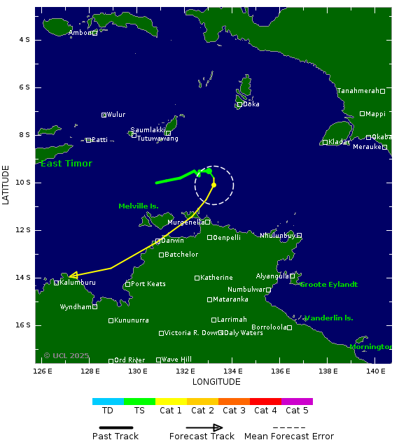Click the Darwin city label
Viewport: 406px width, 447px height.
pyautogui.click(x=173, y=241)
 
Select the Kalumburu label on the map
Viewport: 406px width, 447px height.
pyautogui.click(x=77, y=283)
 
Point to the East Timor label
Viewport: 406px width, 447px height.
pyautogui.click(x=66, y=164)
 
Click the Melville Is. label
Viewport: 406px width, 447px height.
pyautogui.click(x=139, y=206)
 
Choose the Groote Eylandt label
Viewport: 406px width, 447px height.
pyautogui.click(x=329, y=285)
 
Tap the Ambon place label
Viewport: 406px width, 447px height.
pyautogui.click(x=80, y=33)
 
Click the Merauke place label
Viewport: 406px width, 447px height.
pyautogui.click(x=367, y=147)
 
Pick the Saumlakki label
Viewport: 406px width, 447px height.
pyautogui.click(x=148, y=130)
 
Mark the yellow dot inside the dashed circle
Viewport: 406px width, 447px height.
pyautogui.click(x=213, y=185)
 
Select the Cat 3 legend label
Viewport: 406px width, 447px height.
pyautogui.click(x=234, y=411)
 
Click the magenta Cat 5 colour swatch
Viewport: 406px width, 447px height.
pyautogui.click(x=297, y=402)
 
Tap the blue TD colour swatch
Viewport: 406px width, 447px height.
pyautogui.click(x=108, y=402)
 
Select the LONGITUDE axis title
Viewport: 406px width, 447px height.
pyautogui.click(x=216, y=382)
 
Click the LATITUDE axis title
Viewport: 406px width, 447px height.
pyautogui.click(x=6, y=185)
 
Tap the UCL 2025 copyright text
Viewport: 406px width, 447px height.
pyautogui.click(x=66, y=355)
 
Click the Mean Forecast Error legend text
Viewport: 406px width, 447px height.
pyautogui.click(x=289, y=437)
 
